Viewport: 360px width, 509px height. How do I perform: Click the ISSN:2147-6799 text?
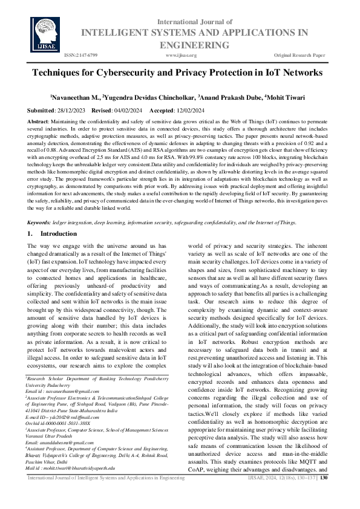81,55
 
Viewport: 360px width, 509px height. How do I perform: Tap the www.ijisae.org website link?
180,55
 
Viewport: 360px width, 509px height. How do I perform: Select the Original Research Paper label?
300,55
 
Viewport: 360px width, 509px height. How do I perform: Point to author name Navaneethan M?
76,97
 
